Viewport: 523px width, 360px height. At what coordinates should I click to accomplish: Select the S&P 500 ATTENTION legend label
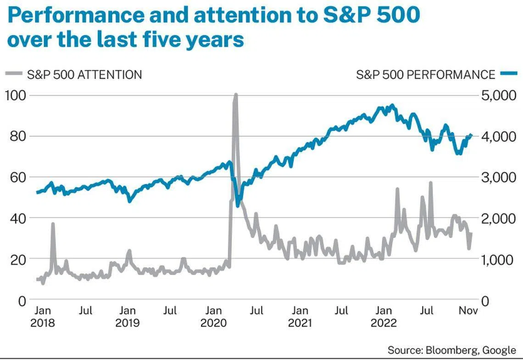tap(84, 75)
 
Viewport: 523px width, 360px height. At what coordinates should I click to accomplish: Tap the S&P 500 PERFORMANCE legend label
tap(425, 75)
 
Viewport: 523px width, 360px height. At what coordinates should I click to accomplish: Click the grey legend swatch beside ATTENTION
tap(14, 73)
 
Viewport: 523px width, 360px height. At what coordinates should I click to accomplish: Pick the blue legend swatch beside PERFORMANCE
tap(508, 73)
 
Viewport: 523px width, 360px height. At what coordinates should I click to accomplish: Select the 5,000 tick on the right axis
tap(497, 95)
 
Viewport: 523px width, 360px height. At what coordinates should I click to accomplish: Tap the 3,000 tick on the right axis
tap(497, 177)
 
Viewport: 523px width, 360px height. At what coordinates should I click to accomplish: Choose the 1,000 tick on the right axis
tap(497, 260)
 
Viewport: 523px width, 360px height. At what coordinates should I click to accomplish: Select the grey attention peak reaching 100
tap(235, 95)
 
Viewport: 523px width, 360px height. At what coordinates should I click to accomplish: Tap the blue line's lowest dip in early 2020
tap(238, 205)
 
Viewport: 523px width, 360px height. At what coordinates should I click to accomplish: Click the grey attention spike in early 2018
tap(53, 224)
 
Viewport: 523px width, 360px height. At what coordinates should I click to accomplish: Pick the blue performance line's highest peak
tap(392, 105)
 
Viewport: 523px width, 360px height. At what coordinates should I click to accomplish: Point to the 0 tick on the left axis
tap(22, 301)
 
